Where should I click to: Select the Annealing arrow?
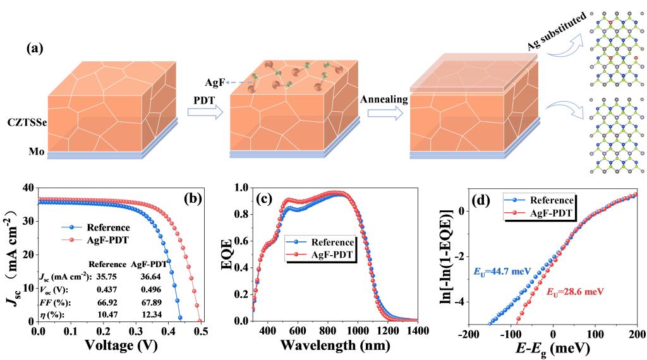(x=385, y=112)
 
